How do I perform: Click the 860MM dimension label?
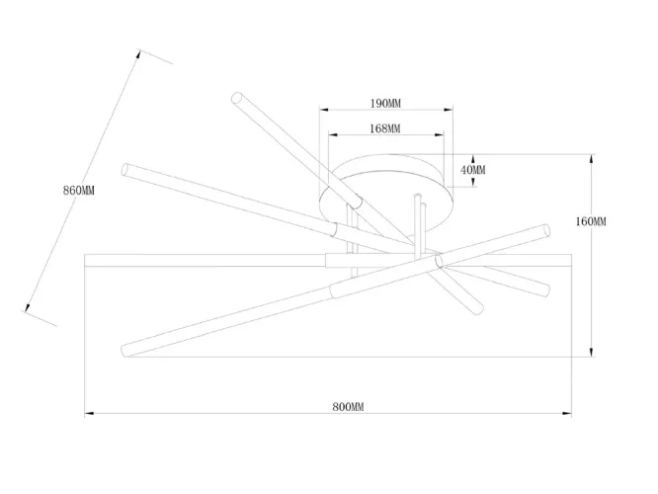(79, 191)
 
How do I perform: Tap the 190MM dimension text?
(385, 104)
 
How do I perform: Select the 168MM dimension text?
(384, 128)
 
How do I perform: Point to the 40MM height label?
(473, 170)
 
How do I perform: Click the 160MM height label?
(591, 221)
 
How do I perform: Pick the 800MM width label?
(349, 407)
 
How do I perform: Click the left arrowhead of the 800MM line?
(89, 414)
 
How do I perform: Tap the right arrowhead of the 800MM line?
(567, 414)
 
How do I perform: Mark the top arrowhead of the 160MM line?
(591, 159)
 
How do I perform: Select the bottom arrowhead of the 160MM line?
(591, 352)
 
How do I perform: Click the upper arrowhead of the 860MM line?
(138, 54)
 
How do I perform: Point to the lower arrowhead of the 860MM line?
(28, 307)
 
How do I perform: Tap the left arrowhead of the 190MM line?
(324, 110)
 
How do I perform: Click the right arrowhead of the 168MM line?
(439, 134)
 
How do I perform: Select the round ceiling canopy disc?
(386, 193)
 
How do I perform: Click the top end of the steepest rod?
(237, 98)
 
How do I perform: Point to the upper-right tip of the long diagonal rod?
(546, 230)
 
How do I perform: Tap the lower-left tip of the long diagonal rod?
(125, 351)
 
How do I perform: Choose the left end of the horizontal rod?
(85, 260)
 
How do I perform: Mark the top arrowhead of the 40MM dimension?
(473, 159)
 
